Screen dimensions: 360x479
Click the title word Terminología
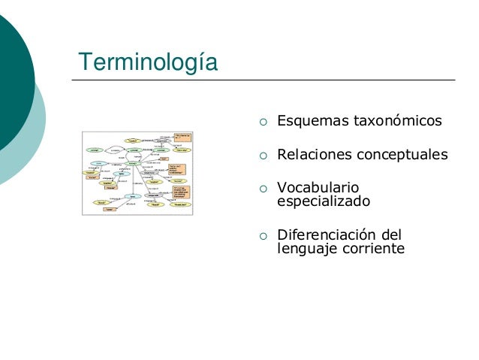pyautogui.click(x=149, y=62)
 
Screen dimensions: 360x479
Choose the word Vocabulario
pyautogui.click(x=318, y=188)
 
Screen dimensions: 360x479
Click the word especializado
pyautogui.click(x=323, y=201)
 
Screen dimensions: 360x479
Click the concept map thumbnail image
pyautogui.click(x=137, y=174)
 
